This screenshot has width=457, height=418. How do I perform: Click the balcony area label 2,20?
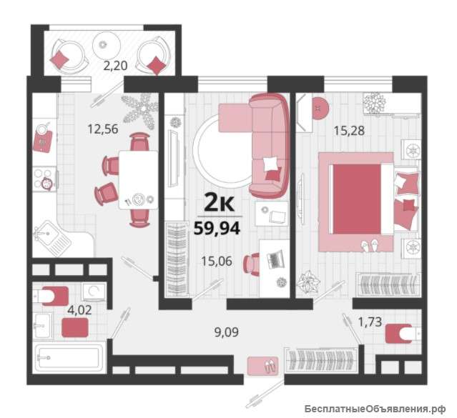115,66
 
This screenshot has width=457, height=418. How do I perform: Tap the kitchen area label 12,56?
103,129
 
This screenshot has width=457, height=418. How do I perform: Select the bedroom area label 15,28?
349,131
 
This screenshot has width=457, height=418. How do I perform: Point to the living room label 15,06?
217,262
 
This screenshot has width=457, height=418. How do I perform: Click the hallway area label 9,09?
227,332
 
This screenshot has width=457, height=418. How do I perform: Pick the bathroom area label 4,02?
79,309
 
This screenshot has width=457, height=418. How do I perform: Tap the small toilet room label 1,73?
370,322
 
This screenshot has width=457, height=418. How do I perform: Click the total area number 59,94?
217,228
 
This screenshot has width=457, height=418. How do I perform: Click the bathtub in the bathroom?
70,357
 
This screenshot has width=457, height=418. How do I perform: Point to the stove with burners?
45,179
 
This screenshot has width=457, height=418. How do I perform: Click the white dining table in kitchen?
139,180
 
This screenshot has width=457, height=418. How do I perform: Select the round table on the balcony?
107,44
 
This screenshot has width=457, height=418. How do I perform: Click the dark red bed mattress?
357,199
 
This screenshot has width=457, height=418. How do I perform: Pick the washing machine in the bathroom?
94,292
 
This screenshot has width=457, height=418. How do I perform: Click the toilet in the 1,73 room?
403,334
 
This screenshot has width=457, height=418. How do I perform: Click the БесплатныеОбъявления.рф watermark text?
375,409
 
